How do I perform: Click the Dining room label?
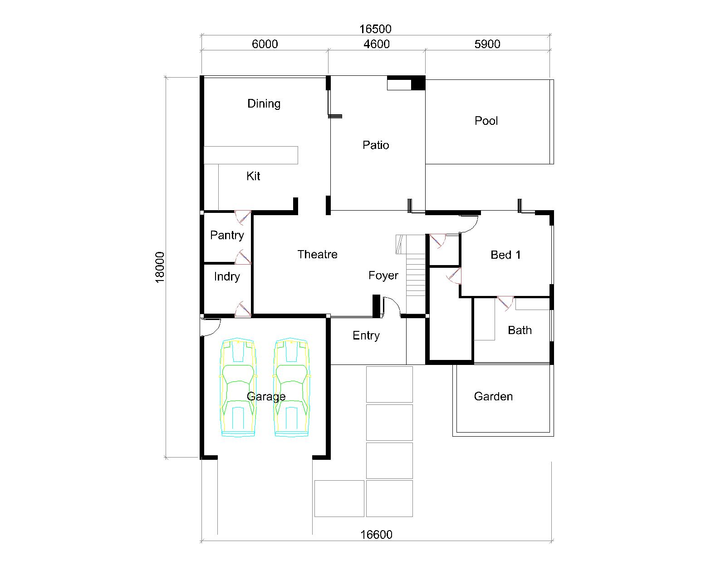pos(264,103)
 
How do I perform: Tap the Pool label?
pos(486,121)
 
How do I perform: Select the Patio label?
pos(376,145)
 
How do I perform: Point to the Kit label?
pos(253,176)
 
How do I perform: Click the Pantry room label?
pos(227,235)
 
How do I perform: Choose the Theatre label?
pos(317,254)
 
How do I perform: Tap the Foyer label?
pos(383,276)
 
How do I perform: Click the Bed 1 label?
pos(505,255)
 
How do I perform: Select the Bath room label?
pos(520,330)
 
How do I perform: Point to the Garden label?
pos(493,396)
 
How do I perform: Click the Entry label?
pos(366,335)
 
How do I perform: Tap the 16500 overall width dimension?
pos(375,29)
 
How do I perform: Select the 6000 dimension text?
pos(265,44)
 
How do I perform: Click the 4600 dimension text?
pos(377,44)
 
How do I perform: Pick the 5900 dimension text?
pos(487,44)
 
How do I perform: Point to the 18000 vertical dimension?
pos(160,267)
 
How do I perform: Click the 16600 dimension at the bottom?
pos(376,534)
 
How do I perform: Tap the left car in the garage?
pos(238,387)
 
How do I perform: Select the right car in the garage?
pos(292,387)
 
